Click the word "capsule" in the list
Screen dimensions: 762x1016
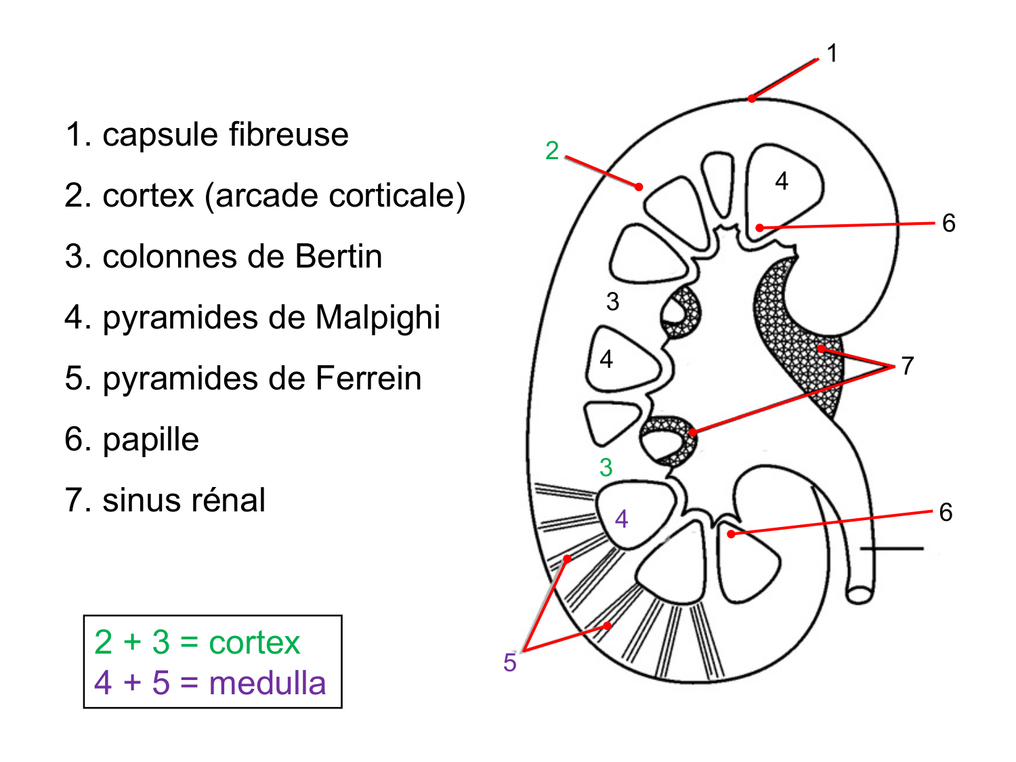156,135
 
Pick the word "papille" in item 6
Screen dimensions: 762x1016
150,440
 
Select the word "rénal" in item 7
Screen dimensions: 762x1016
228,501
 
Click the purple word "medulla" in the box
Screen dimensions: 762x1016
267,683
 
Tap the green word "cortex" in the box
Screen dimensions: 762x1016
254,642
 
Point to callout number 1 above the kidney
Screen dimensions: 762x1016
832,54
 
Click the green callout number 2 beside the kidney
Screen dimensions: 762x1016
552,150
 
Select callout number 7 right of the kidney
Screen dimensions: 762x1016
908,366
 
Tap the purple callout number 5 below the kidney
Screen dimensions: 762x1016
510,662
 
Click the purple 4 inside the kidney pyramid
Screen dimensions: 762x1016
621,520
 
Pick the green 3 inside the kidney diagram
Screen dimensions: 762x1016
606,467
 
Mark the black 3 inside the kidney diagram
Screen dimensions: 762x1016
612,301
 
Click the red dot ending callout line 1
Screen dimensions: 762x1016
751,99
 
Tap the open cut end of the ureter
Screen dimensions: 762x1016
860,595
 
